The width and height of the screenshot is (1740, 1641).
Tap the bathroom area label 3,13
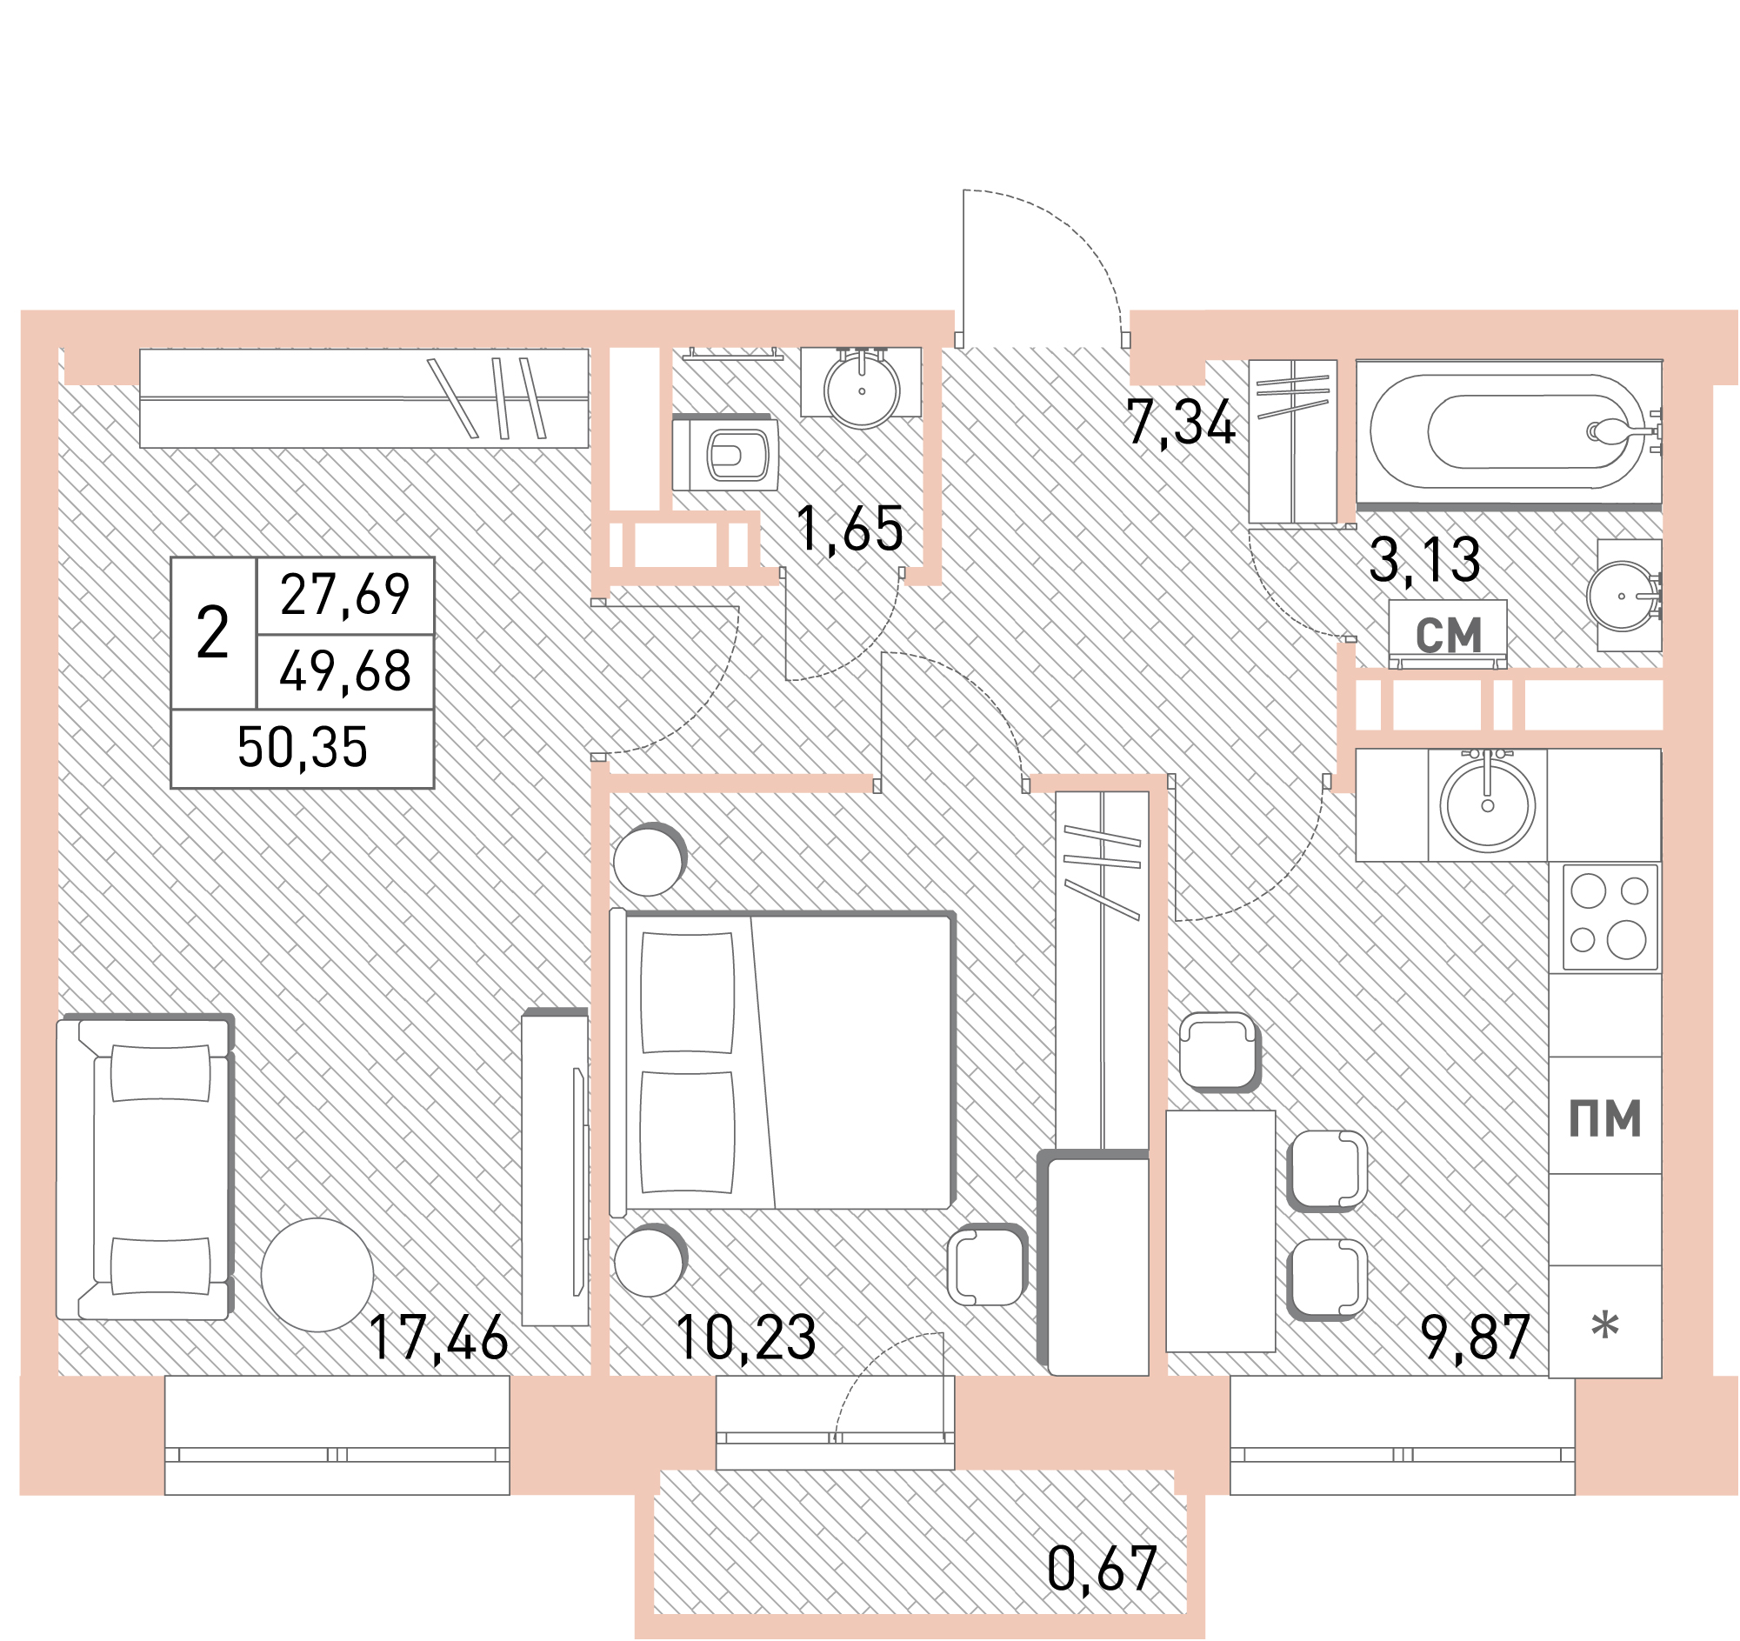1425,560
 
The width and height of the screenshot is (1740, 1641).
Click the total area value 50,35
302,747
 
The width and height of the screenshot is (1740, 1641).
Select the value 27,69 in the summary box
345,595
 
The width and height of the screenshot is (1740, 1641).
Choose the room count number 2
213,633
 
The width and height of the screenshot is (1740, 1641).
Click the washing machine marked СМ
1449,634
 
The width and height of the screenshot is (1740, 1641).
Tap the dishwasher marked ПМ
1605,1117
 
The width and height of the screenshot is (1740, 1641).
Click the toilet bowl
725,453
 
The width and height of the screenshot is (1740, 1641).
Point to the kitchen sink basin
1487,804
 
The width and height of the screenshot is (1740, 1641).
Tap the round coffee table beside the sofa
317,1275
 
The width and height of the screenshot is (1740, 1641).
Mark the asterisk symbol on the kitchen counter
1605,1326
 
